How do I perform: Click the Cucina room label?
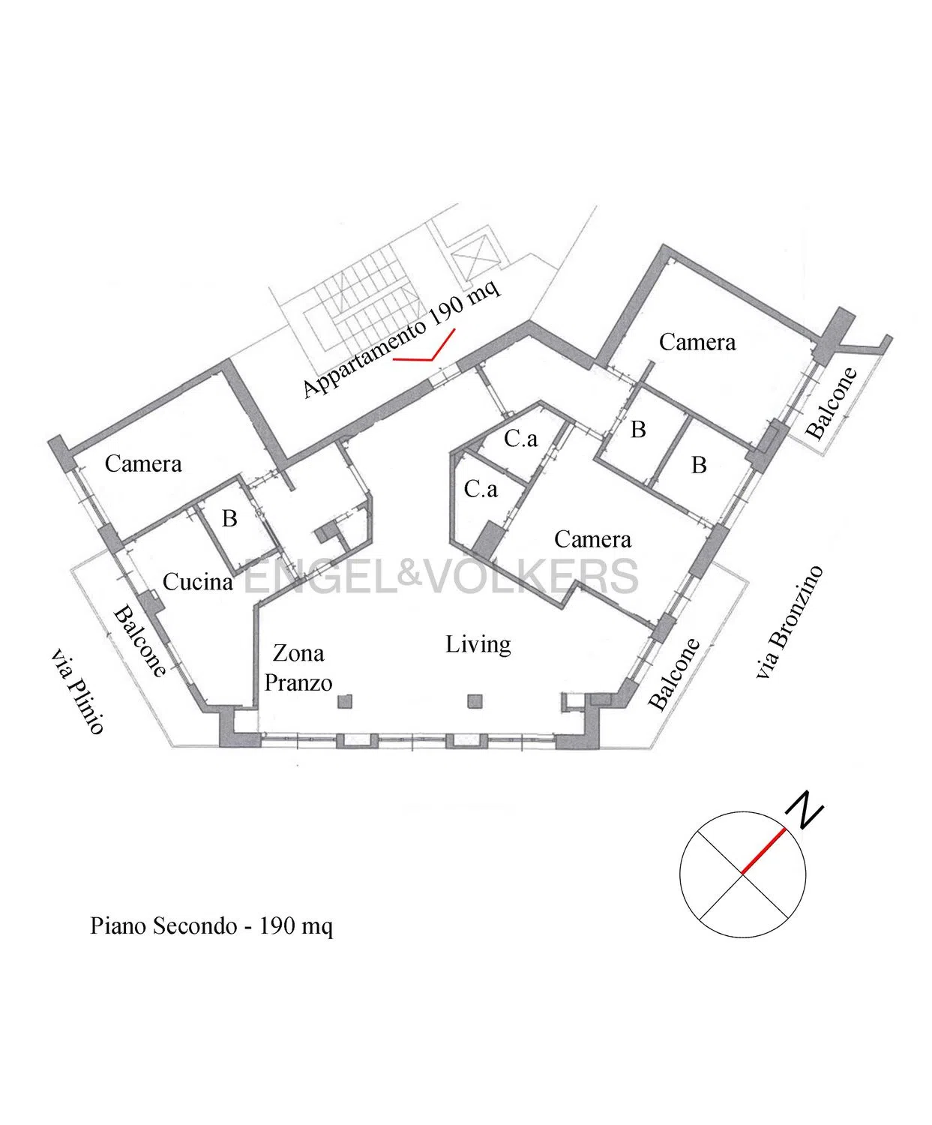coord(198,582)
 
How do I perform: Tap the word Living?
coord(478,645)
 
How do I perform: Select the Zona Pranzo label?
coord(298,668)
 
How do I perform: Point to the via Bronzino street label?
coord(790,622)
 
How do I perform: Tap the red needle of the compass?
coord(763,850)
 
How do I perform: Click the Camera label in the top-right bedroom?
coord(697,342)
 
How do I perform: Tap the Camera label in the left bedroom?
coord(142,464)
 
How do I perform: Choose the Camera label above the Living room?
coord(592,539)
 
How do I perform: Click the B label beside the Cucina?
coord(229,519)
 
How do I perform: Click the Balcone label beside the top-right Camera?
coord(831,403)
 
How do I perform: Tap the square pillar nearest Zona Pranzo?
coord(345,701)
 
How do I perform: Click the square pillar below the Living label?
coord(475,701)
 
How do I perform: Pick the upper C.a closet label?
coord(521,439)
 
